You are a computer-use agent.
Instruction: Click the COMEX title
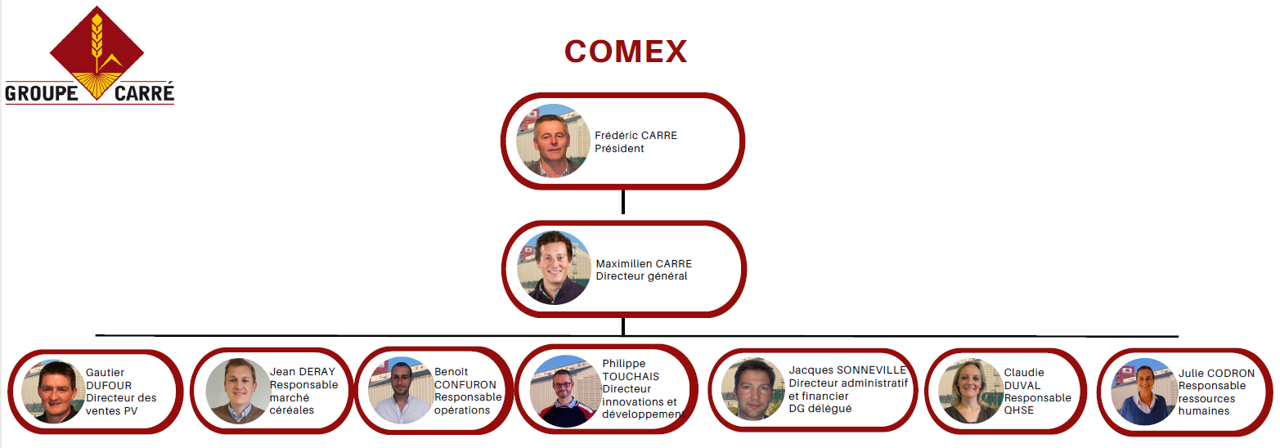point(626,52)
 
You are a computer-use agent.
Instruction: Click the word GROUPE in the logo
point(41,93)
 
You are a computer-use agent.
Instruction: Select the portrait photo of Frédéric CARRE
point(553,141)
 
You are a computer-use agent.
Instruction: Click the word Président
point(619,149)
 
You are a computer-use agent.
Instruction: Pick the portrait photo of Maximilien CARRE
point(554,268)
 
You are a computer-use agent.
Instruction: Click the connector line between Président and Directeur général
point(623,202)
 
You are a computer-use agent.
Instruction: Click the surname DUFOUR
point(109,385)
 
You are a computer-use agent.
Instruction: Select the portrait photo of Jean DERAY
point(237,391)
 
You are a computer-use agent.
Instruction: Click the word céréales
point(292,410)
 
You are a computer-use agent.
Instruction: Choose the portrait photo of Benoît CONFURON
point(400,391)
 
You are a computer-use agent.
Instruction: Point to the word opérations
point(462,410)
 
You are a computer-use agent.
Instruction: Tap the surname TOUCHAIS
point(631,376)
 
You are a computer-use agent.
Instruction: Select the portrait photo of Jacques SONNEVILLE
point(753,390)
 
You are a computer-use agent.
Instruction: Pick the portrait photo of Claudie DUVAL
point(970,391)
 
